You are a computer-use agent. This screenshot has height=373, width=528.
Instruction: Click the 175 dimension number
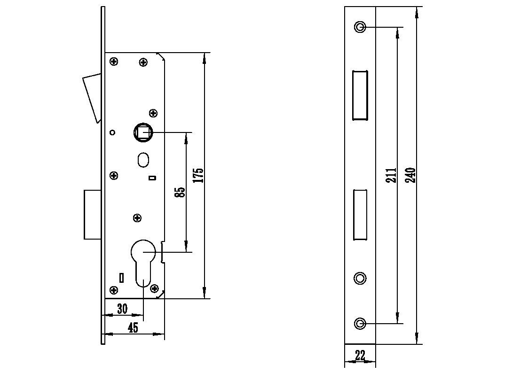198,175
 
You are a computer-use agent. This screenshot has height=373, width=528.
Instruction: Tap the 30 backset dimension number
122,309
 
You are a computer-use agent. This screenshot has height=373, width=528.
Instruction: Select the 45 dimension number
133,327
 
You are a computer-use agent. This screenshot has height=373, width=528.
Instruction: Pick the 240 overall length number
410,175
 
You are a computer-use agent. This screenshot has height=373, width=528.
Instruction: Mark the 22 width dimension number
360,356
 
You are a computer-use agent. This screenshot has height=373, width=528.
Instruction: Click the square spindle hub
143,132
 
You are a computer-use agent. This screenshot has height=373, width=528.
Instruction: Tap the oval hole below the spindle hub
143,159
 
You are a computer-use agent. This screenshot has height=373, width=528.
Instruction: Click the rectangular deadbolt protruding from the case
93,214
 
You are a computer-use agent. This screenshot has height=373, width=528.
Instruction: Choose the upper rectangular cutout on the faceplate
360,95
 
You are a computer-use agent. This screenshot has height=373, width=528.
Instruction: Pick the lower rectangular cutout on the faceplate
360,214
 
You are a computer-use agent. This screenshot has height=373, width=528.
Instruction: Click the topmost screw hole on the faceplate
360,27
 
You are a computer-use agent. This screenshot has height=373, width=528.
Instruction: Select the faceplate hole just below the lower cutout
360,278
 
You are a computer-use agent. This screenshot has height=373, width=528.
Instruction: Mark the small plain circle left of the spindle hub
112,132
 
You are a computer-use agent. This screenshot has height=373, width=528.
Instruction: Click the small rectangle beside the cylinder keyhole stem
122,278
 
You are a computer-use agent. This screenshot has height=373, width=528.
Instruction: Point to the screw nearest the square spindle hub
153,113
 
